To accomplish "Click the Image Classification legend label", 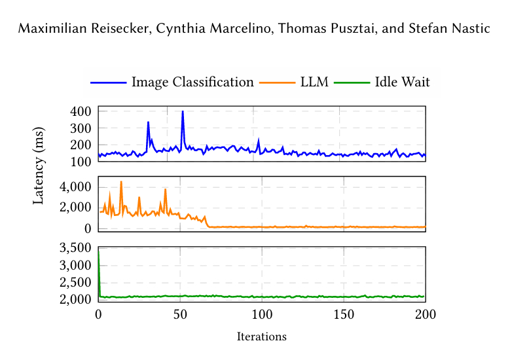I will pyautogui.click(x=192, y=82).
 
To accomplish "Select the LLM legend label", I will pyautogui.click(x=315, y=82).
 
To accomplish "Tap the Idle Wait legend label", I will pyautogui.click(x=402, y=82).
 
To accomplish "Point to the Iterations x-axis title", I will pyautogui.click(x=262, y=337).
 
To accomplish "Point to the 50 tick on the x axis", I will pyautogui.click(x=180, y=314).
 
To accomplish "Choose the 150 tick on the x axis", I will pyautogui.click(x=344, y=314).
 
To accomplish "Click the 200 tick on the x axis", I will pyautogui.click(x=426, y=314).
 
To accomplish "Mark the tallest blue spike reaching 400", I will pyautogui.click(x=183, y=112).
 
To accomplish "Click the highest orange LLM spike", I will pyautogui.click(x=121, y=182).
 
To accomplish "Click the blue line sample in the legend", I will pyautogui.click(x=109, y=82).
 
